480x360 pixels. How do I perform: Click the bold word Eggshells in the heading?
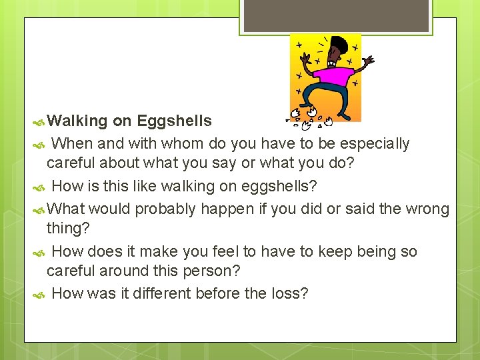174,121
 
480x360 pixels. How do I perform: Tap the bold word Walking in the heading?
77,121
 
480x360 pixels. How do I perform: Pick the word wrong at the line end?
428,209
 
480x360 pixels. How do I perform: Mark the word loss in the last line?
294,293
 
